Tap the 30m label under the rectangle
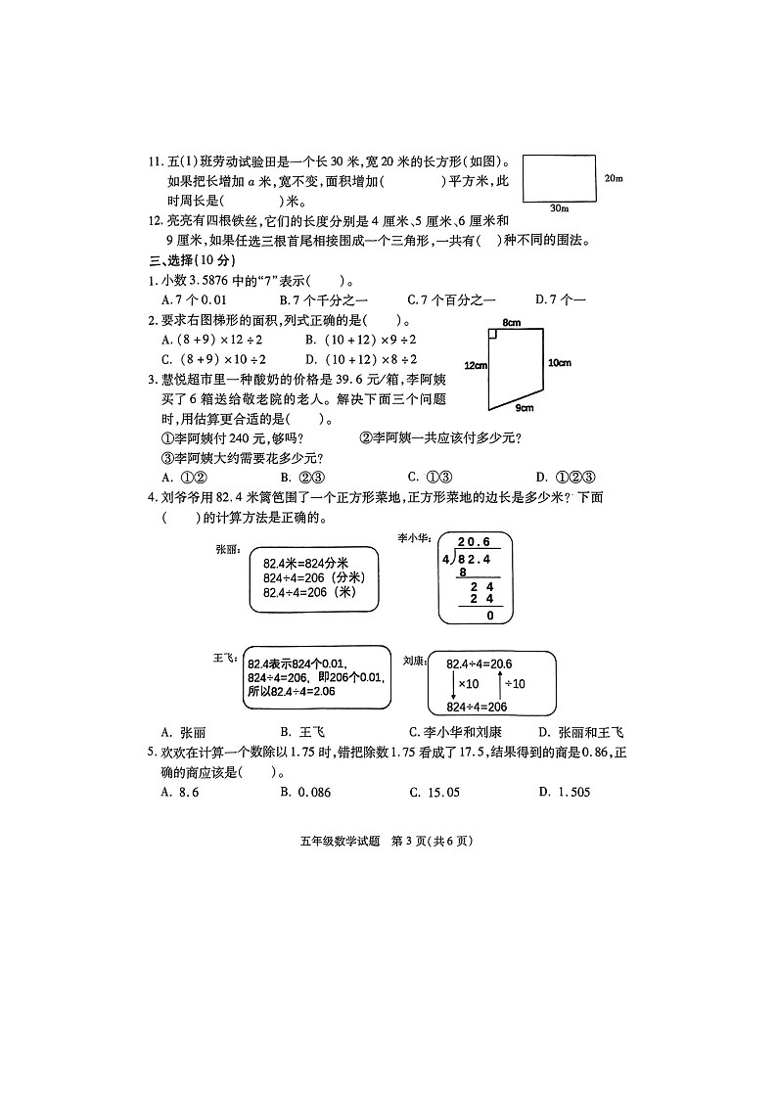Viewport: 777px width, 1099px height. [560, 208]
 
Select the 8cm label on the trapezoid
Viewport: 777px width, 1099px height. [509, 322]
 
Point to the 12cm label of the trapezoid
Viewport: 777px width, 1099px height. [475, 365]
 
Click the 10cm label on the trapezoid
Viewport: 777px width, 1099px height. [559, 363]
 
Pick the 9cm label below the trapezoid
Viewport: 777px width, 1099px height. [525, 408]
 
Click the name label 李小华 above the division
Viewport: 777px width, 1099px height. [412, 536]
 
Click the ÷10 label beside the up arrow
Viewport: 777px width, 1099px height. [515, 683]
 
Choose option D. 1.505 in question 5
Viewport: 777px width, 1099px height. [565, 792]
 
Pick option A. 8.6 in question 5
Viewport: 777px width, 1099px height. [180, 792]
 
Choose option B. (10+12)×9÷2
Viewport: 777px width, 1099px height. [361, 339]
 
